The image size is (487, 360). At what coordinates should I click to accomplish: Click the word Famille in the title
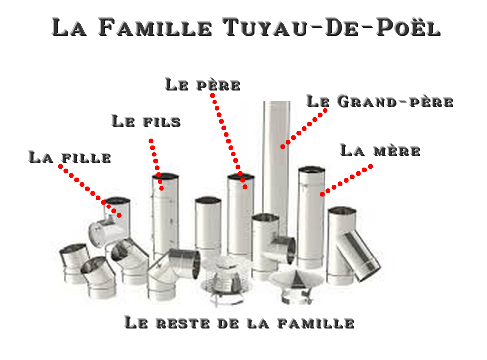click(x=155, y=27)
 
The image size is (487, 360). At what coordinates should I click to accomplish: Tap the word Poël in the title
click(x=408, y=27)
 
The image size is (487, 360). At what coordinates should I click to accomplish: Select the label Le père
click(x=203, y=85)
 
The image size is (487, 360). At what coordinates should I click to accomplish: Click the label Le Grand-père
click(x=379, y=102)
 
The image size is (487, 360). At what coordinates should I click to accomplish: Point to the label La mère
click(x=380, y=151)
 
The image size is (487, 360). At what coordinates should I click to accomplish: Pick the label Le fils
click(x=146, y=121)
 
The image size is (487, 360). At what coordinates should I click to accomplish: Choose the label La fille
click(x=69, y=157)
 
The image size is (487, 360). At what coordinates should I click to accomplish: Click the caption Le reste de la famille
click(x=239, y=323)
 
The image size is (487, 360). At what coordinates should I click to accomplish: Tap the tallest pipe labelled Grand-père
click(x=276, y=161)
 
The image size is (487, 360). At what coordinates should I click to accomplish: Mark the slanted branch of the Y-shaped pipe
click(x=359, y=256)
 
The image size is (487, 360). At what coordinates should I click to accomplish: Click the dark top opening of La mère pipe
click(x=312, y=170)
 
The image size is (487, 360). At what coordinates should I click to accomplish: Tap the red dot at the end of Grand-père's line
click(x=282, y=147)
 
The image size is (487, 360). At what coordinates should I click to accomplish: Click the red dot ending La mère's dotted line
click(x=322, y=194)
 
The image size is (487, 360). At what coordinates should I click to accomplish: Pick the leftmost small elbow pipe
click(x=74, y=263)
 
